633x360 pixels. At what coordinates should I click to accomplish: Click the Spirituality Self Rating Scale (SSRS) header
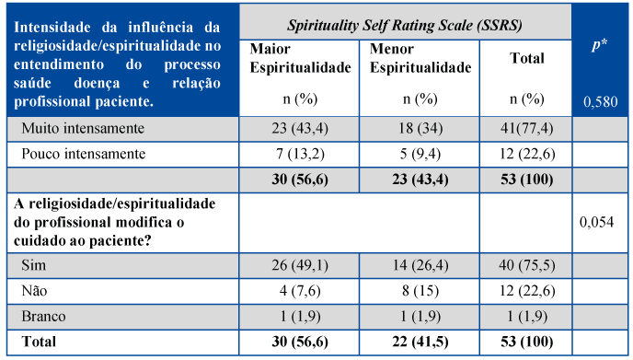tap(405, 26)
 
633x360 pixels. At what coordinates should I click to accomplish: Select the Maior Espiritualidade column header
tap(300, 58)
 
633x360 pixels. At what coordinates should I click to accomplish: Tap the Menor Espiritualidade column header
tap(420, 58)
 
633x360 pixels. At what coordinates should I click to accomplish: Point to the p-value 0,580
tap(600, 101)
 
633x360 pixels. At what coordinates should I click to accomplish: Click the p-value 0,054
tap(597, 222)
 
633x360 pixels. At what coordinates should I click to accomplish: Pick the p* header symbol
tap(600, 44)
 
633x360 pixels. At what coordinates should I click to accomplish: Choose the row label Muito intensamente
tap(83, 129)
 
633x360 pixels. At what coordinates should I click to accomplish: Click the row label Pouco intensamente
tap(84, 154)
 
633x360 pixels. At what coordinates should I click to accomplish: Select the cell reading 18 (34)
tap(420, 129)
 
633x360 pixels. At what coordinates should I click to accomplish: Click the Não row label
tap(34, 291)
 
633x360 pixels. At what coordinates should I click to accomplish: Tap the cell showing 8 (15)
tap(420, 291)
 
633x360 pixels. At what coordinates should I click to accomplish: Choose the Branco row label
tap(43, 316)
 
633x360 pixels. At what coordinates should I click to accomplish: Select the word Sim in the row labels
tap(33, 265)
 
